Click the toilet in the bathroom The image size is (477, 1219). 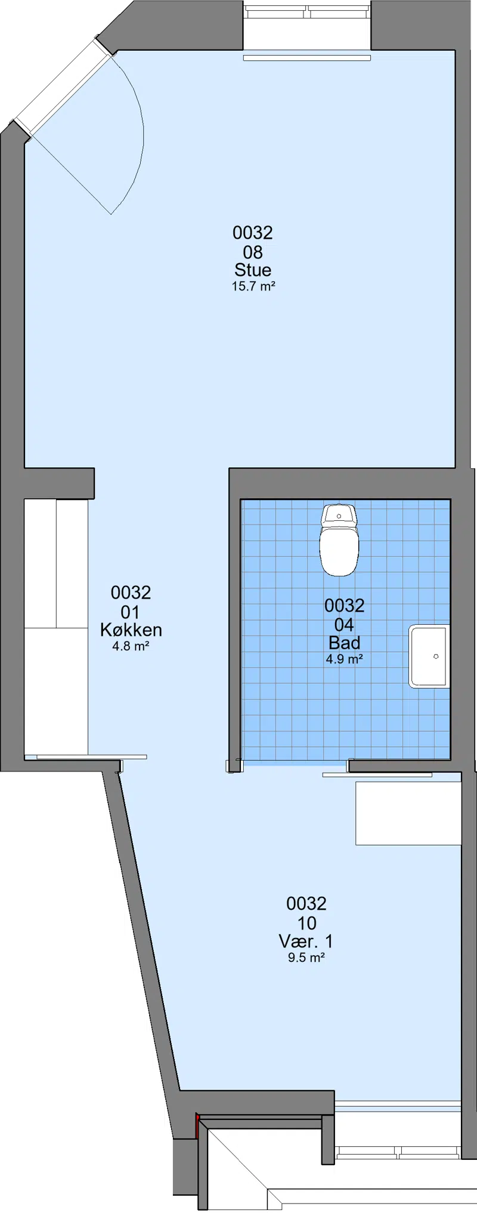[339, 539]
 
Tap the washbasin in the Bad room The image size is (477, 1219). [429, 656]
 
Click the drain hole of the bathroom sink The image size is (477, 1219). [436, 656]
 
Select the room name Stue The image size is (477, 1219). [253, 270]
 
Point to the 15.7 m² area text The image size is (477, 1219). [253, 286]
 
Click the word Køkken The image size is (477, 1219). [131, 629]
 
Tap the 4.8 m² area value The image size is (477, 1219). [131, 646]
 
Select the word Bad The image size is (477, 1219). [345, 643]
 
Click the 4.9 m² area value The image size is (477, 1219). [345, 659]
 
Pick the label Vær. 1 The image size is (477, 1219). [306, 942]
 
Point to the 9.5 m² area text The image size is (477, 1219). [306, 958]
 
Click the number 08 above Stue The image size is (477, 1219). [253, 252]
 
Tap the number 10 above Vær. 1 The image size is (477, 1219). [306, 923]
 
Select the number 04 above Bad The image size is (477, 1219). [345, 625]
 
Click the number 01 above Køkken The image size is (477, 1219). [131, 612]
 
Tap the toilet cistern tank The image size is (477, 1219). [339, 514]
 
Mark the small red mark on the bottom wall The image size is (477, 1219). [197, 1125]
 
